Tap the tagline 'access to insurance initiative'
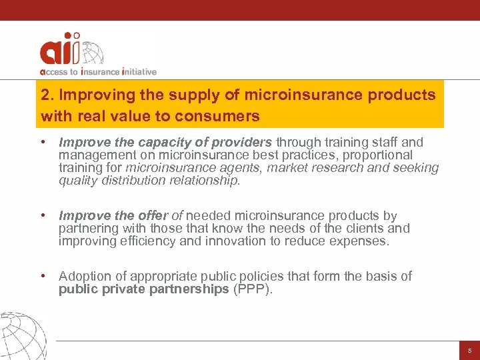point(98,71)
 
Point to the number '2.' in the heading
point(47,95)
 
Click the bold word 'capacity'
point(158,142)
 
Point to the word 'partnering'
point(87,229)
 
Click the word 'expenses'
point(359,241)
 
